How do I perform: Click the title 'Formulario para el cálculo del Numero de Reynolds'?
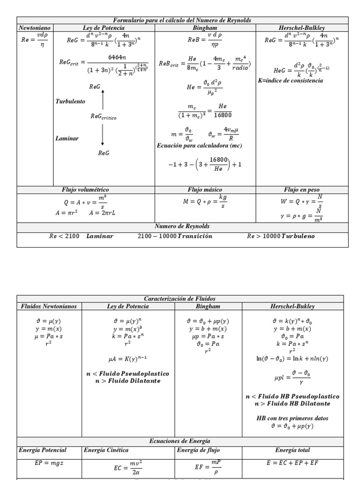(182, 20)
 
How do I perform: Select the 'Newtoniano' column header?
(34, 28)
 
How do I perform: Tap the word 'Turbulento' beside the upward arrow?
(70, 101)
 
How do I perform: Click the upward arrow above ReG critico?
(103, 99)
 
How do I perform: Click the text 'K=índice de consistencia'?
(291, 81)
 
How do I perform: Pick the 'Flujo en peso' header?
(301, 190)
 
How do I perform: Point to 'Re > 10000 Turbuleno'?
(281, 236)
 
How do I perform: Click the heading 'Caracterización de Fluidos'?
(180, 299)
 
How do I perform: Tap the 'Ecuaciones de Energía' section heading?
(180, 441)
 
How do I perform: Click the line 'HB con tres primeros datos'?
(292, 418)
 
